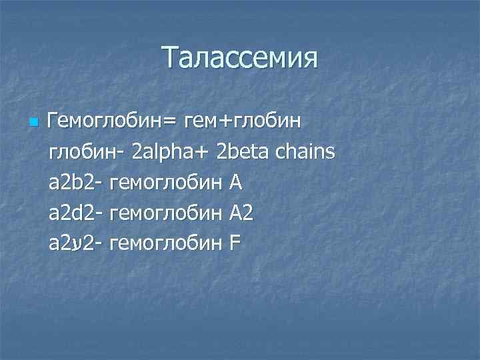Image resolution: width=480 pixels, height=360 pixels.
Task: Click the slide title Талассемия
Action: [x=240, y=58]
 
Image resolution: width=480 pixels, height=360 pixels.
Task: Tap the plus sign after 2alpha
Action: [x=204, y=153]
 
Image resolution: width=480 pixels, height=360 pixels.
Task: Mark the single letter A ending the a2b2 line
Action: [x=236, y=183]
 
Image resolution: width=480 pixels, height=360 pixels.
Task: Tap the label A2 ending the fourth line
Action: [x=241, y=213]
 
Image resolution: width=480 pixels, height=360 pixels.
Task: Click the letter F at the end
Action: [x=234, y=244]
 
